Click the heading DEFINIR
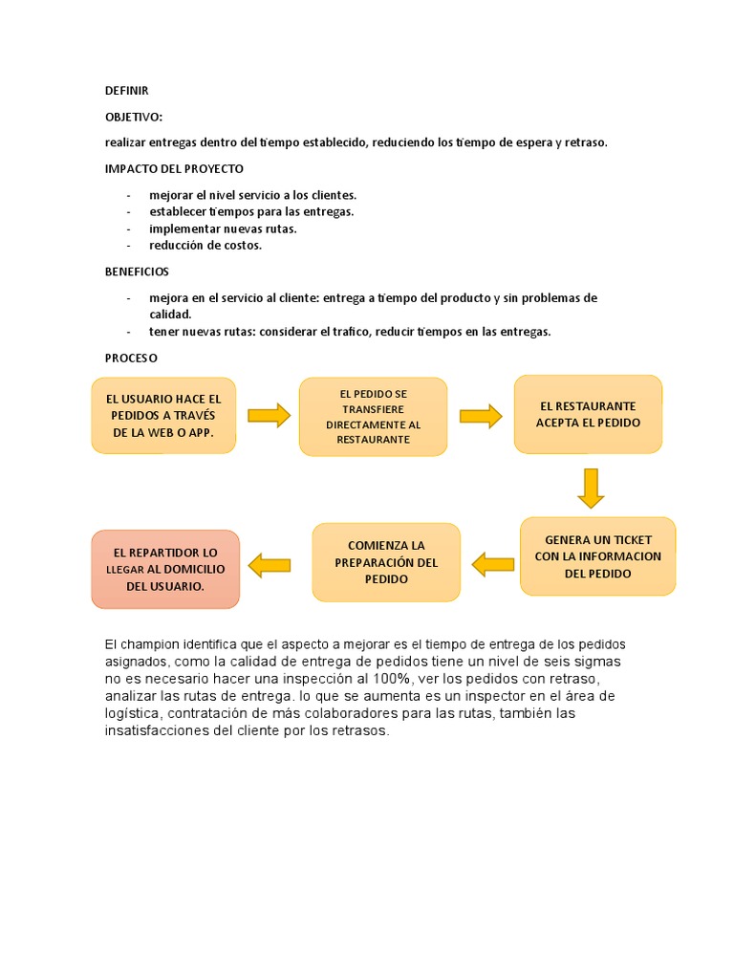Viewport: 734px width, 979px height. [126, 91]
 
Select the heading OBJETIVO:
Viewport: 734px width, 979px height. [134, 117]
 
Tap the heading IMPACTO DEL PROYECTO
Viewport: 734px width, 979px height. [174, 168]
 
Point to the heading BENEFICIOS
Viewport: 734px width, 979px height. [137, 272]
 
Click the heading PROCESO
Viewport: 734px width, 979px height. [131, 358]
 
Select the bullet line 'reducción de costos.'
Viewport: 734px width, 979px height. [205, 246]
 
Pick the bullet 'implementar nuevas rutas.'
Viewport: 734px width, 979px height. [223, 228]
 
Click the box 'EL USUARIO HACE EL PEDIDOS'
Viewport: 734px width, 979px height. [163, 415]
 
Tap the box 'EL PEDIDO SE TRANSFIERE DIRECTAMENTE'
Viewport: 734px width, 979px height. [373, 416]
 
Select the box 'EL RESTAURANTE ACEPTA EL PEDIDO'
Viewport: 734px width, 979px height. [588, 414]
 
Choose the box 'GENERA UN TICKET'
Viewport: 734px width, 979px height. [597, 556]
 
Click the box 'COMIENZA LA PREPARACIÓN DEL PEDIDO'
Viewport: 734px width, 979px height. [386, 562]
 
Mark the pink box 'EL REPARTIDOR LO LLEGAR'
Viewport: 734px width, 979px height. [165, 569]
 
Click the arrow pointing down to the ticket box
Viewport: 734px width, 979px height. [591, 488]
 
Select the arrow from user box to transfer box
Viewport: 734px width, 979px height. [269, 415]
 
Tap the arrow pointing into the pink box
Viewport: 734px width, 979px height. [269, 566]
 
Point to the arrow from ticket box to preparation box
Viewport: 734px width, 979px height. [492, 565]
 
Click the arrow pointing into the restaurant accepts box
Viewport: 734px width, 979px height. [481, 416]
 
